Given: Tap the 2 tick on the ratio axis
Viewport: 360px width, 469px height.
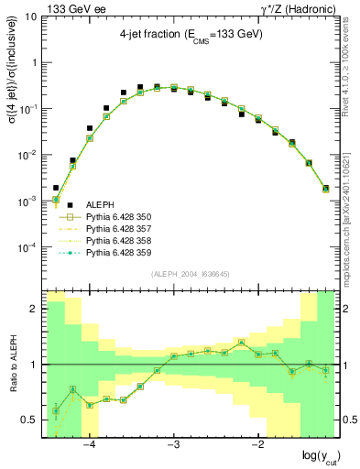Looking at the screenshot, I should click(34, 309).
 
